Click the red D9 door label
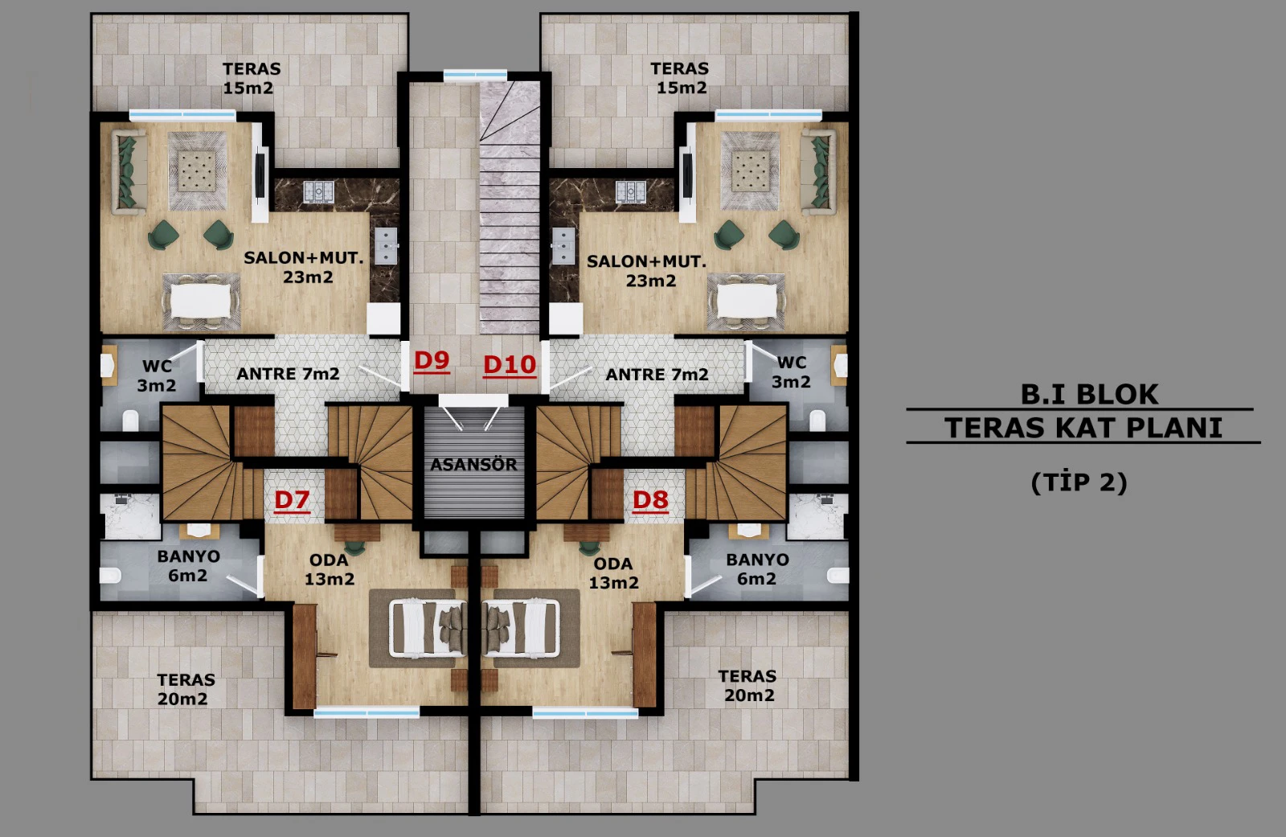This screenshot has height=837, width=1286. coord(432,361)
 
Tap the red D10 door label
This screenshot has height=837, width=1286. coord(510,365)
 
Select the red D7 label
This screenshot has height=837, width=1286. coord(292,500)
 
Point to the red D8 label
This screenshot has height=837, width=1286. coord(650,500)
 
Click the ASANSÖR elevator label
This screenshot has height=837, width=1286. coord(473,464)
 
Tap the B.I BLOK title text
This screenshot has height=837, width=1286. coord(1089,394)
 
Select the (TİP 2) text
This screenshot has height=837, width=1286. coord(1079,482)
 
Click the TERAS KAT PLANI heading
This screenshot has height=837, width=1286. coord(1083,428)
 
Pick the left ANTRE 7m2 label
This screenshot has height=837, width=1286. coord(288,374)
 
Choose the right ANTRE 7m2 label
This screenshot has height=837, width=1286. coord(657,375)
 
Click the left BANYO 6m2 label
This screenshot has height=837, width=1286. coord(188,566)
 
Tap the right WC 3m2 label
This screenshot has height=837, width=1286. coord(791,372)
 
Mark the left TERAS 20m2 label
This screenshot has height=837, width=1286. coord(186,689)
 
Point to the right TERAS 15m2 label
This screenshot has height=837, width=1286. coord(679,78)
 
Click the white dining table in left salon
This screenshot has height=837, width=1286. coord(201,301)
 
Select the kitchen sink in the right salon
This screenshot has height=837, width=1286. coord(563,245)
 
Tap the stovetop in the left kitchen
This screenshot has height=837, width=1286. coord(318,191)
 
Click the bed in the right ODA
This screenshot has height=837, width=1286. coord(521,627)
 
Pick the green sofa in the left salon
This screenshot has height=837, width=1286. coord(128,171)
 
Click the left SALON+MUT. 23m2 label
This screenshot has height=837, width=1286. coord(305,267)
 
